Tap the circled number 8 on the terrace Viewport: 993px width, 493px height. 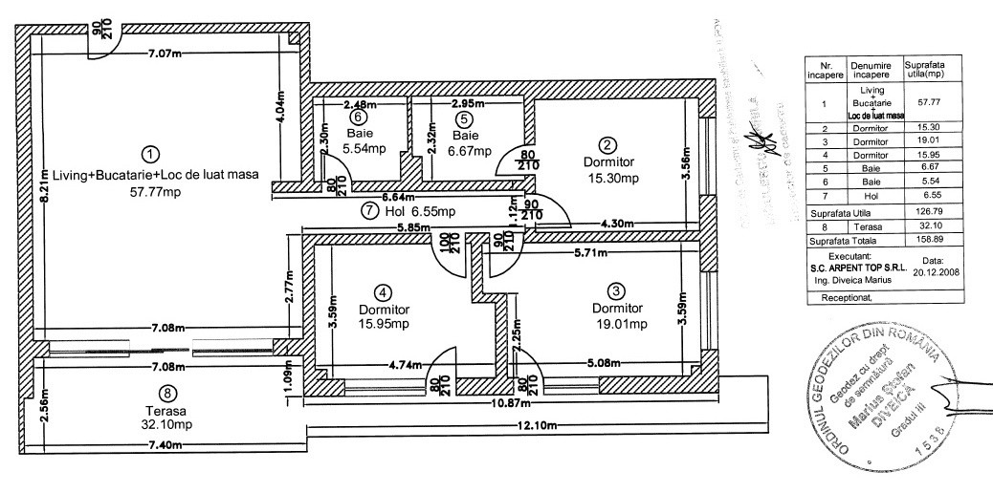point(168,392)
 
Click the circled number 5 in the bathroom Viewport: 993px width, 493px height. point(464,119)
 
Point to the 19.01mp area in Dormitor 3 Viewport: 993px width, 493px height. point(618,324)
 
